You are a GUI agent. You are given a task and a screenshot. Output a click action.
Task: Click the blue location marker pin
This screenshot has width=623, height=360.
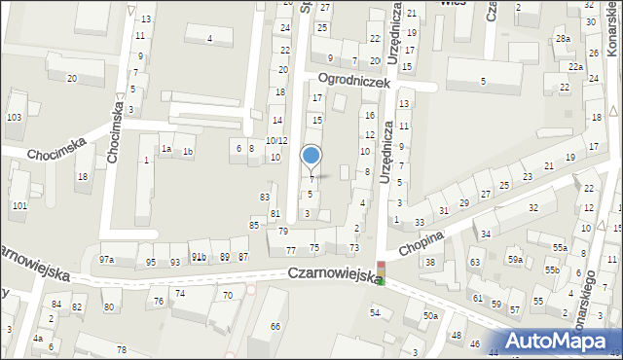(x=311, y=156)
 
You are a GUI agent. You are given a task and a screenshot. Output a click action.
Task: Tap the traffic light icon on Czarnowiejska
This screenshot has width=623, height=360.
(x=382, y=273)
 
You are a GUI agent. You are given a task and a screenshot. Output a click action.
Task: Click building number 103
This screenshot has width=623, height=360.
(x=14, y=117)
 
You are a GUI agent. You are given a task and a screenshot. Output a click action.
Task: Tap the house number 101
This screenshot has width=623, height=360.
(x=19, y=205)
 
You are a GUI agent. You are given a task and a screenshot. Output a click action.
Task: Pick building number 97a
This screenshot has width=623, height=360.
(x=106, y=260)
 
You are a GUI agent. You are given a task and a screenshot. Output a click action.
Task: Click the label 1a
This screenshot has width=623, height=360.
(x=166, y=149)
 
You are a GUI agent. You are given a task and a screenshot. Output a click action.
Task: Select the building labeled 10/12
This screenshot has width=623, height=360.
(x=276, y=141)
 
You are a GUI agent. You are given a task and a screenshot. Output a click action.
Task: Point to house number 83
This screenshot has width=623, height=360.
(x=264, y=197)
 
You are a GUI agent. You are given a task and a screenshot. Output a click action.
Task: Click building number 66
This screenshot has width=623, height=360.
(x=275, y=326)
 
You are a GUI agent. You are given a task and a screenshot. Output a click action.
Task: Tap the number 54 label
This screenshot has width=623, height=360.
(x=374, y=311)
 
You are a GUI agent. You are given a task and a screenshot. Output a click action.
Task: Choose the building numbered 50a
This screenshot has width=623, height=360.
(x=430, y=316)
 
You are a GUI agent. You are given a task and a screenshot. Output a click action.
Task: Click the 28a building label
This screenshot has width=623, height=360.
(x=563, y=38)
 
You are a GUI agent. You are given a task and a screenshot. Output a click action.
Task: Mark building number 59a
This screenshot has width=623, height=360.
(x=514, y=260)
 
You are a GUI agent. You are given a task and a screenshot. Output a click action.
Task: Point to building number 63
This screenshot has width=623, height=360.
(x=475, y=263)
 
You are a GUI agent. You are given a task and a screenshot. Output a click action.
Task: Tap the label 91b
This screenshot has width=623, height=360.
(x=198, y=257)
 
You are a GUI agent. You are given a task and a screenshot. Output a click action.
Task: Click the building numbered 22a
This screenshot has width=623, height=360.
(x=576, y=66)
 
